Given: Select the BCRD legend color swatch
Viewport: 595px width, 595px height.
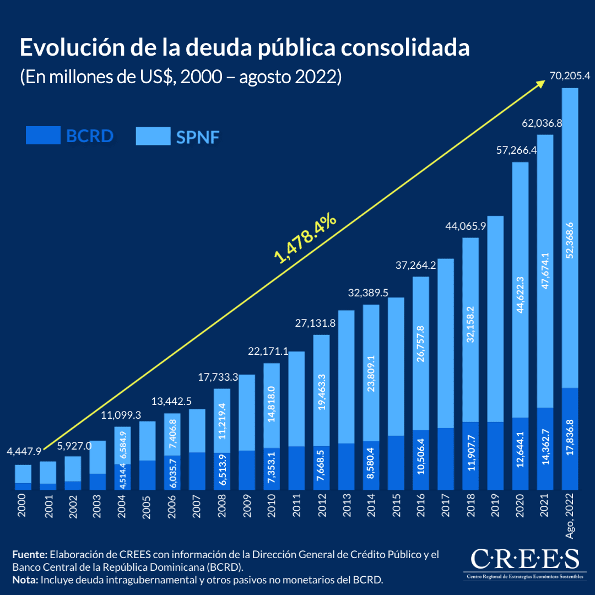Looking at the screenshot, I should coord(43,136).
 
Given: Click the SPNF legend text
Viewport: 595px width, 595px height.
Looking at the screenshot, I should coord(198,137).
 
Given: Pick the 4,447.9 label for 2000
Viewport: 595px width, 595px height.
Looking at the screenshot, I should coord(24,452).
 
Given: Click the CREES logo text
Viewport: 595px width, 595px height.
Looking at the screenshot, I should coord(524,559).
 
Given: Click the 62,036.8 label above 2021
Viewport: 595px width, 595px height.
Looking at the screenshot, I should coord(542,123).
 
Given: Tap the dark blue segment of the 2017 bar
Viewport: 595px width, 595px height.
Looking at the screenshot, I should coord(445,458).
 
